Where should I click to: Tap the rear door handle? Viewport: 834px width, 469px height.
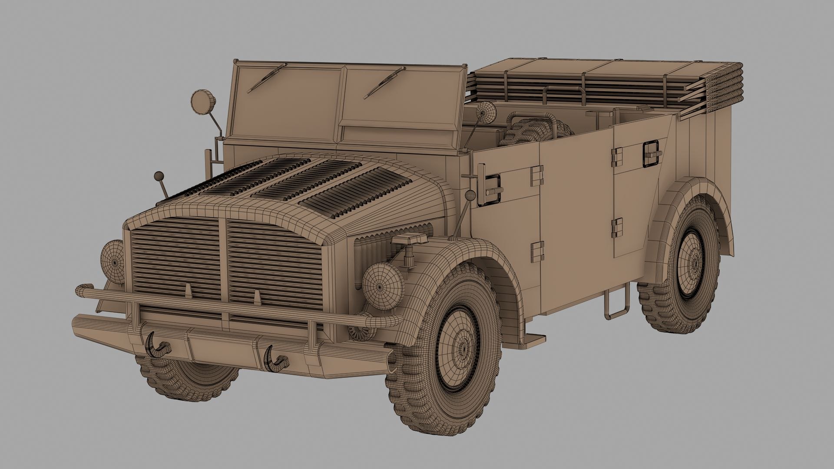[652, 154]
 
